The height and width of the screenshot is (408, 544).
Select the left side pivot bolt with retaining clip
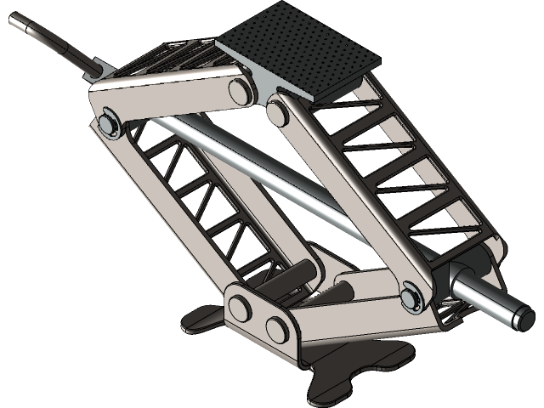(x=108, y=124)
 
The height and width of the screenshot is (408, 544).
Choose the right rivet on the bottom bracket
(x=278, y=326)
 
